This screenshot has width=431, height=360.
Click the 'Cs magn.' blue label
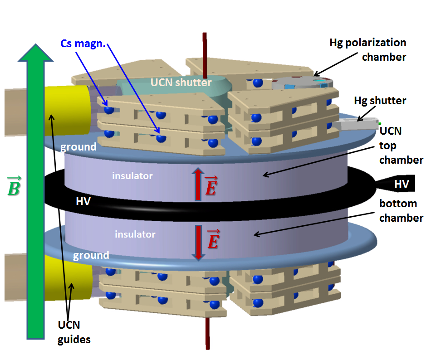click(x=83, y=44)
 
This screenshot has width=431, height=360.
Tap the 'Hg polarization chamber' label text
click(x=367, y=49)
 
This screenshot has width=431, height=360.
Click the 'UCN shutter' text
click(x=181, y=83)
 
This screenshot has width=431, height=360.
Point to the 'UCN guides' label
click(x=74, y=332)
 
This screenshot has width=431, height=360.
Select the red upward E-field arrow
click(x=198, y=184)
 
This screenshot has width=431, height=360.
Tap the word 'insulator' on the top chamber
click(x=132, y=175)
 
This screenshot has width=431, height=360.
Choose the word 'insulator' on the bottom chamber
click(x=135, y=234)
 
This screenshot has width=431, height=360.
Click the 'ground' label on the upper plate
click(x=79, y=146)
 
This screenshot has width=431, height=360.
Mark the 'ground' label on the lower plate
click(x=92, y=255)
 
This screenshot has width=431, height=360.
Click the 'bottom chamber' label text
click(x=401, y=211)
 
